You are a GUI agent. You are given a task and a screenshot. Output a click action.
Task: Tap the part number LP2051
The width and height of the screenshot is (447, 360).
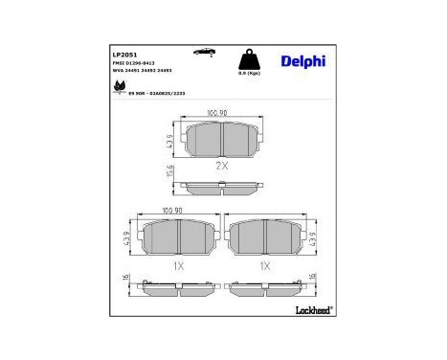(123, 56)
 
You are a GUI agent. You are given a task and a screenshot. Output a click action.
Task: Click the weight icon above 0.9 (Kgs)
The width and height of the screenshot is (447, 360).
(248, 57)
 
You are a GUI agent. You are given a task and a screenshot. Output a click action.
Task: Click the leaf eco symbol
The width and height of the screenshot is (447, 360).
(119, 88)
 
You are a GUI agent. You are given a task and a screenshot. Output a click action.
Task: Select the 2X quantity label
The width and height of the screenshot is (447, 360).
(221, 166)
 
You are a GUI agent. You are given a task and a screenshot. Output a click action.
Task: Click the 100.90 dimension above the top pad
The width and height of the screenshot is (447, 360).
(220, 113)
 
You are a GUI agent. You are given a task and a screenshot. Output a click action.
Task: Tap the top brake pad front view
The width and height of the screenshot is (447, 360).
(221, 140)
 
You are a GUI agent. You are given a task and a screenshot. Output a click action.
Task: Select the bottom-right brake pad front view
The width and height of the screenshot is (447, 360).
(267, 236)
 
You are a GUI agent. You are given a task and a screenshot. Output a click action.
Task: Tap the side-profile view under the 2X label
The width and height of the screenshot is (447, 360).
(221, 186)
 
